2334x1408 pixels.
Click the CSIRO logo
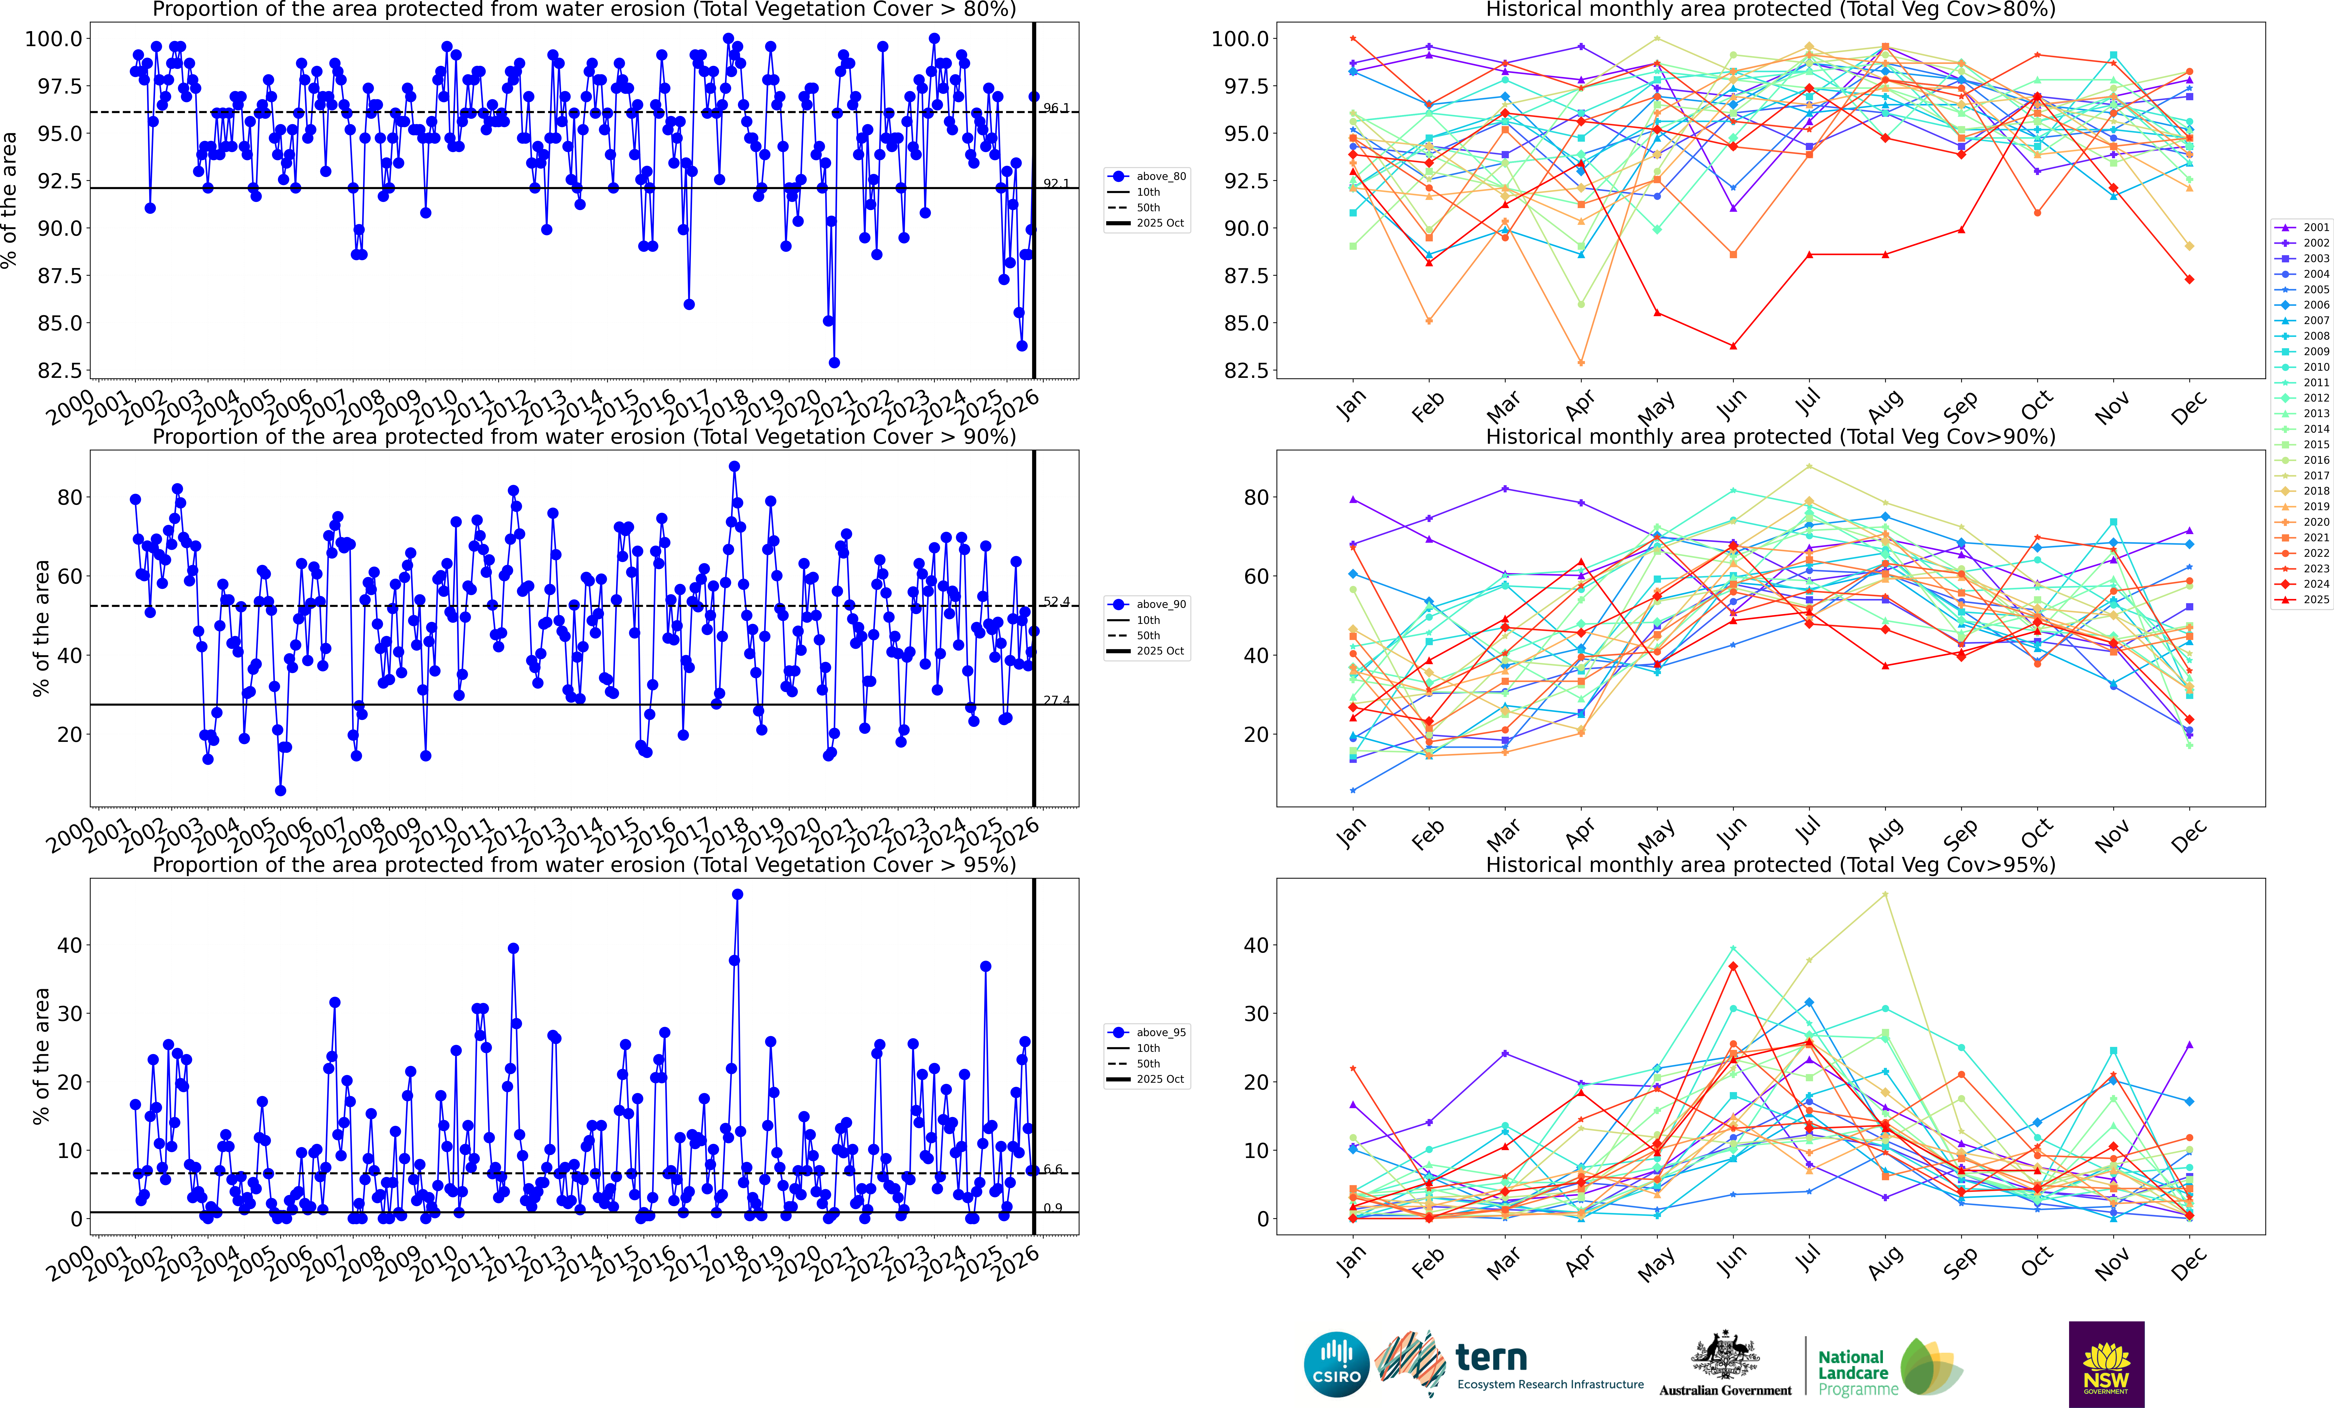tap(1337, 1365)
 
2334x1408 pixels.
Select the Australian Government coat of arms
tap(1725, 1354)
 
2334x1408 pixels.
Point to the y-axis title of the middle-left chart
tap(41, 628)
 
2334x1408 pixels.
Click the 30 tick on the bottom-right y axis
tap(1256, 1013)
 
